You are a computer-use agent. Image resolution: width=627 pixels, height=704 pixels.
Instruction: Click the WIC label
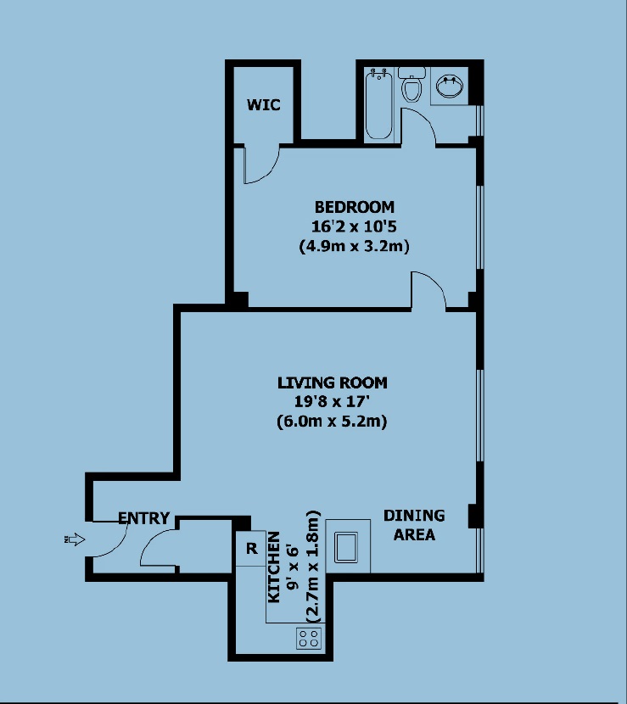(x=264, y=104)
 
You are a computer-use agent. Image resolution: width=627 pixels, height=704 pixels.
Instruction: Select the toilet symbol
(x=411, y=85)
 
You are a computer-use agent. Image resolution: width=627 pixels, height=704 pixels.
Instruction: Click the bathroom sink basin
(x=450, y=87)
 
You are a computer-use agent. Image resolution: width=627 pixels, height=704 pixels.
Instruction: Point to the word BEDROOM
(x=355, y=207)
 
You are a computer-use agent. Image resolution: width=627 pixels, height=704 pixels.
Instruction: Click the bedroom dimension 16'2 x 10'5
(x=354, y=226)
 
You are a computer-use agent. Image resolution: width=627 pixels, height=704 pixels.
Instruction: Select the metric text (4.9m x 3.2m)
(x=354, y=247)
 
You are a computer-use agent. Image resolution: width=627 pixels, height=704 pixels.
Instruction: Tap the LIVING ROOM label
(x=333, y=383)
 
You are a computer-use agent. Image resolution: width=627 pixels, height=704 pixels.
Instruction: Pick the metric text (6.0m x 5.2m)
(x=332, y=422)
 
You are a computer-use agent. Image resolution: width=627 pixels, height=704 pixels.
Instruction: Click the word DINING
(x=414, y=516)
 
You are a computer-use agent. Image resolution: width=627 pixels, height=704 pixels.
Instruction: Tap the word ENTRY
(x=143, y=518)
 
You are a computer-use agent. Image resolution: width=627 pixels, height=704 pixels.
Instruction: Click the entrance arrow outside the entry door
(x=75, y=539)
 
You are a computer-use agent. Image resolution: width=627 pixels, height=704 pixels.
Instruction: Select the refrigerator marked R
(x=251, y=548)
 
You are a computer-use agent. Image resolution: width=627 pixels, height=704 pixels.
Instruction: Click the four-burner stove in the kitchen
(x=309, y=638)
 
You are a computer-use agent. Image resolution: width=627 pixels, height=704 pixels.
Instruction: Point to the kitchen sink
(x=346, y=547)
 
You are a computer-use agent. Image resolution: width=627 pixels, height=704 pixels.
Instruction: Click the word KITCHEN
(x=273, y=567)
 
